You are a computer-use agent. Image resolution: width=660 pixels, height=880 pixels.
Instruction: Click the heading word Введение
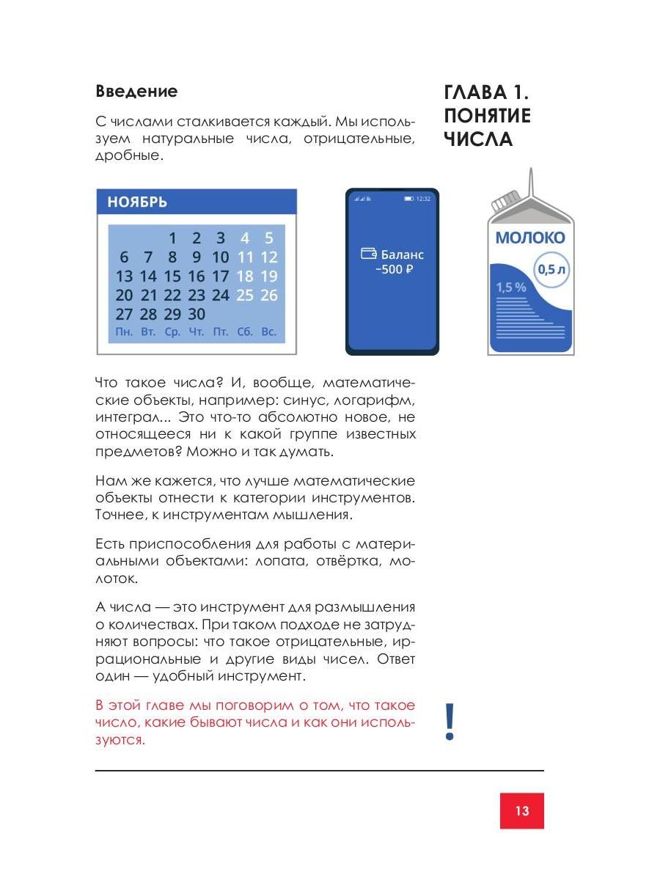pyautogui.click(x=136, y=92)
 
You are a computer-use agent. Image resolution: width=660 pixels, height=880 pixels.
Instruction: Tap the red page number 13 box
pyautogui.click(x=522, y=810)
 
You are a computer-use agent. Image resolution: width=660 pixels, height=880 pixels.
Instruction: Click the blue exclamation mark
pyautogui.click(x=450, y=722)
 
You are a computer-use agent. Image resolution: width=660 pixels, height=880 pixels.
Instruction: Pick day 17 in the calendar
pyautogui.click(x=220, y=276)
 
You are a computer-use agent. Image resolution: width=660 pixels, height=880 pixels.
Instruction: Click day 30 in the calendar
pyautogui.click(x=196, y=315)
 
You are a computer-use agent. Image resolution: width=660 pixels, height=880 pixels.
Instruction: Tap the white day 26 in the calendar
pyautogui.click(x=268, y=296)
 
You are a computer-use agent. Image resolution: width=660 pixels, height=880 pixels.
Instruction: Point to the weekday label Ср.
pyautogui.click(x=172, y=332)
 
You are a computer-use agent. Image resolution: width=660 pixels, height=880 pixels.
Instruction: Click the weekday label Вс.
pyautogui.click(x=268, y=332)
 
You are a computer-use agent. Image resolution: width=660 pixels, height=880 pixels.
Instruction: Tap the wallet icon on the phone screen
pyautogui.click(x=369, y=254)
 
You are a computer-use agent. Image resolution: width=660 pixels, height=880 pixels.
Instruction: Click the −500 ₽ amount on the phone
pyautogui.click(x=394, y=269)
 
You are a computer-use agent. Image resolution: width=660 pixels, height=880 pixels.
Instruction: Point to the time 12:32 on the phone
pyautogui.click(x=423, y=199)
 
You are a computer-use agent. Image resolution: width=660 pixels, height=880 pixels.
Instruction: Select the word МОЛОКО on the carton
pyautogui.click(x=529, y=238)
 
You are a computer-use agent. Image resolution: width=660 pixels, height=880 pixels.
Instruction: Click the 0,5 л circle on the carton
pyautogui.click(x=551, y=269)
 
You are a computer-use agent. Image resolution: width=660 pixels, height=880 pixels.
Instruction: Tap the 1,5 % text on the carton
pyautogui.click(x=511, y=287)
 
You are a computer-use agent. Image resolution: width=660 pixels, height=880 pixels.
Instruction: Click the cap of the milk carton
pyautogui.click(x=505, y=200)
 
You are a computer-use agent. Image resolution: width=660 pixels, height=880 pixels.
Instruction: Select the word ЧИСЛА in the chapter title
pyautogui.click(x=477, y=139)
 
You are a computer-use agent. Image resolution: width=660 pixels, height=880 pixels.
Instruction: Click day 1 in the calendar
pyautogui.click(x=172, y=238)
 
